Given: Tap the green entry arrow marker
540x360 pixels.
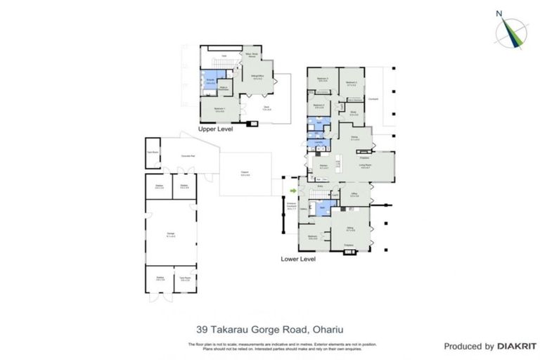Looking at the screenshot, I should coord(293,190).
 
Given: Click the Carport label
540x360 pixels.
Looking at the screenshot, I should coord(245,174).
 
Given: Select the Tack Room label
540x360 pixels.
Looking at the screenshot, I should coord(185,278).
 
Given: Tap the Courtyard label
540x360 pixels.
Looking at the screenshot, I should coord(373,99).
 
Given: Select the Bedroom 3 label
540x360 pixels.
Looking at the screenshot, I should coord(323,79).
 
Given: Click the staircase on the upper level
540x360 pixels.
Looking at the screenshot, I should coord(216,65).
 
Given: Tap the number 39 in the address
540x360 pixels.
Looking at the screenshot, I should coord(202,327).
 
